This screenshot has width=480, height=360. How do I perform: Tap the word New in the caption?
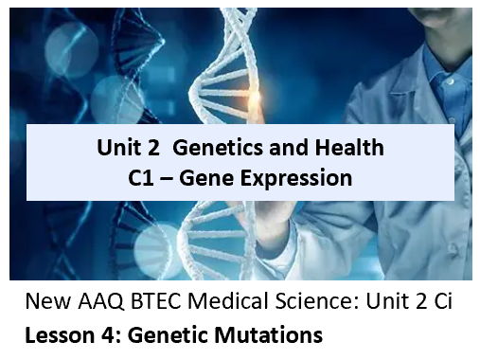(x=44, y=305)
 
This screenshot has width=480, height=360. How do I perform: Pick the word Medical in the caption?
(x=226, y=305)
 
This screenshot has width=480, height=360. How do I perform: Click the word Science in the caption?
(x=309, y=305)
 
